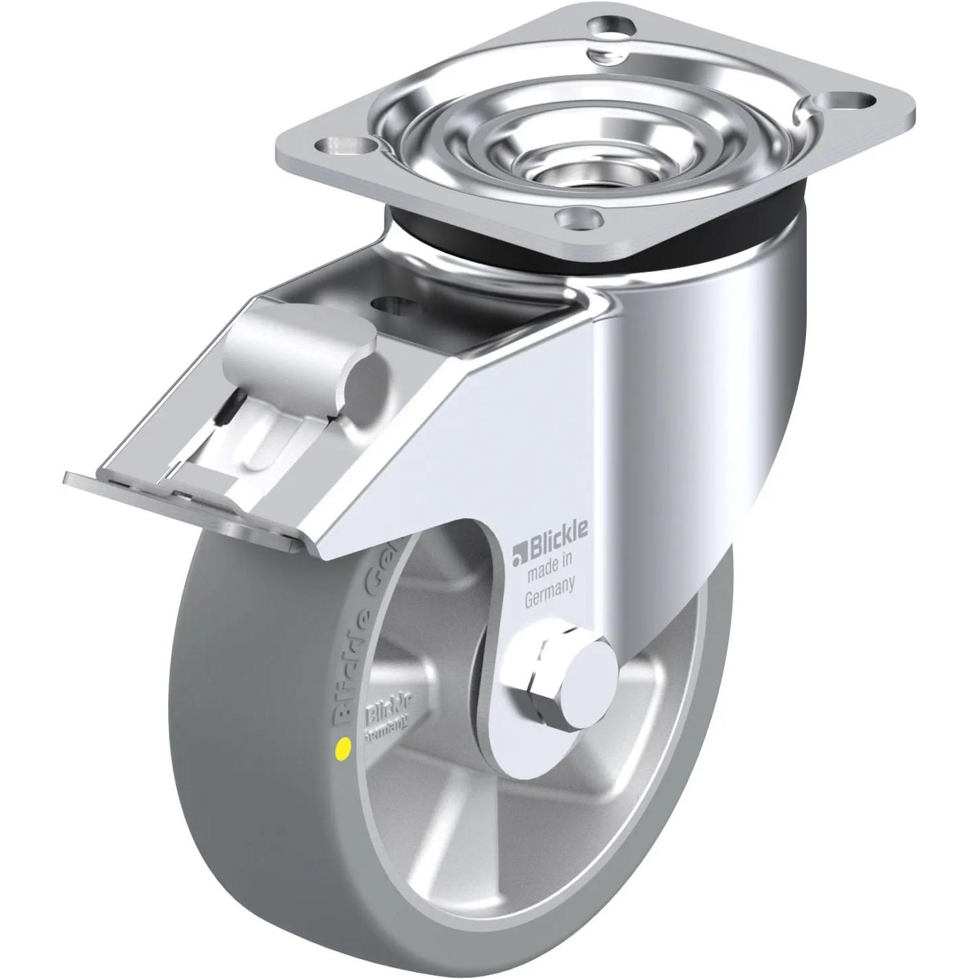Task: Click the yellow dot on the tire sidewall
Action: (x=344, y=745)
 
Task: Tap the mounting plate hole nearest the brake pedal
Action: (x=341, y=145)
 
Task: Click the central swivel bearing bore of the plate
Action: (x=555, y=161)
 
